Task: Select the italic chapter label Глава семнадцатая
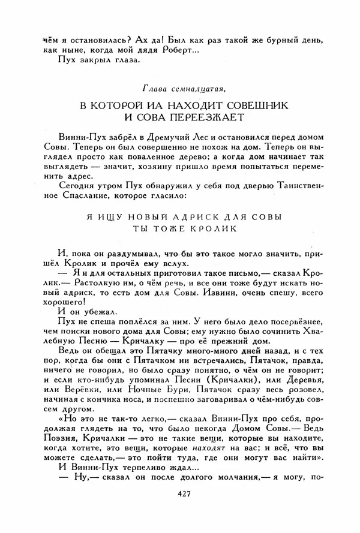coord(181,90)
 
